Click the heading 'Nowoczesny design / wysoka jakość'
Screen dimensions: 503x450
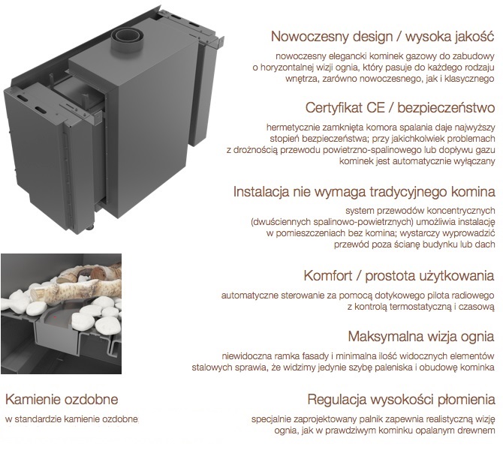[x=382, y=37]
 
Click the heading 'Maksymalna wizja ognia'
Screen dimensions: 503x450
[x=421, y=337]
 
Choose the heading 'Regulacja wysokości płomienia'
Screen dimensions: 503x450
[x=401, y=399]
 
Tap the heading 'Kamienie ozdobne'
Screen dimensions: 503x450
[x=62, y=399]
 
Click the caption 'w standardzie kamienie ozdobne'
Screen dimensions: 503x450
[x=71, y=419]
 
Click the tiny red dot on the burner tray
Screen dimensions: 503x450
[x=55, y=317]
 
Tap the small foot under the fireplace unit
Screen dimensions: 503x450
[x=90, y=228]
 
